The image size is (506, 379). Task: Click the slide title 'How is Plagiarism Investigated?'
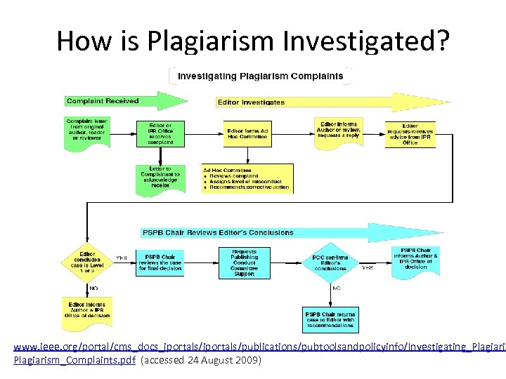252,41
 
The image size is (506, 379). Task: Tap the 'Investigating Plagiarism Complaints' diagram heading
261,76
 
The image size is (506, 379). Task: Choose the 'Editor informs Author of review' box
339,129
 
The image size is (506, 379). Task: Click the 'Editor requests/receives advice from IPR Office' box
410,133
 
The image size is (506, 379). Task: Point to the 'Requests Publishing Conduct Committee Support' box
244,261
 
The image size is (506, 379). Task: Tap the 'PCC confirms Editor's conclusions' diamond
330,262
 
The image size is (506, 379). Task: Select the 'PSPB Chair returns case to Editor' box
330,319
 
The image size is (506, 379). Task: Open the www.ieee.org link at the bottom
253,348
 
